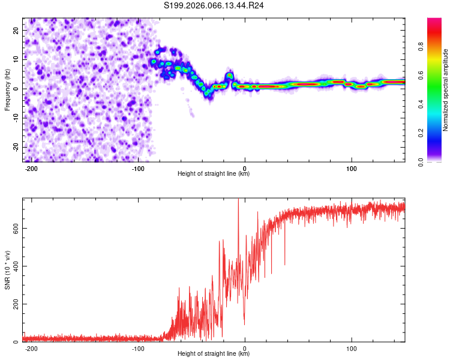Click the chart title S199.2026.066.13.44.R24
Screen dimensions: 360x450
click(214, 5)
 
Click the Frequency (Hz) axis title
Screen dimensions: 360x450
click(7, 89)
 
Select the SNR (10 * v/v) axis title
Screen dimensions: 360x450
click(7, 270)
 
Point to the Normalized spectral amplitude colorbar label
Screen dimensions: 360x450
click(446, 90)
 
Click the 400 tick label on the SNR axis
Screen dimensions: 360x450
click(14, 266)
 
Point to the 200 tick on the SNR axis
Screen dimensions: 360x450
click(14, 304)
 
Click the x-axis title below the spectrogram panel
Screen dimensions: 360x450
click(214, 174)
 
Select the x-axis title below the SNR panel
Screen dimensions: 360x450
click(214, 354)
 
